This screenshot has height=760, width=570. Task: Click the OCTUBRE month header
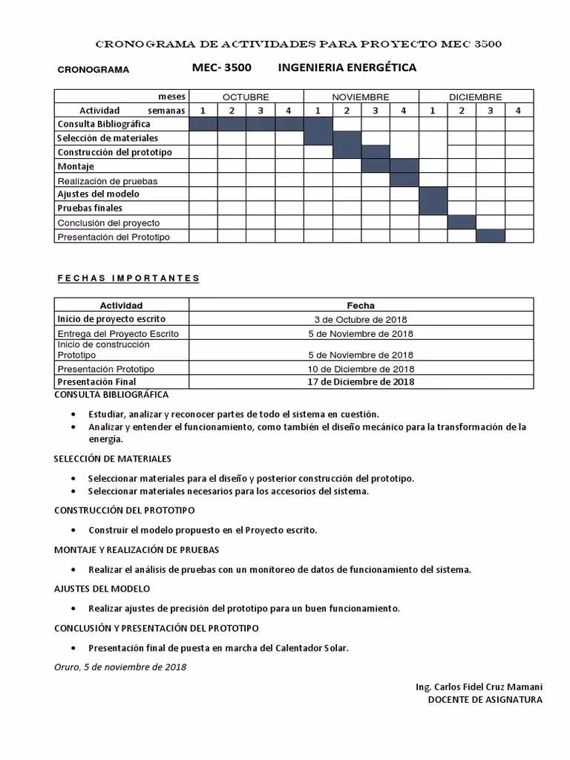(246, 97)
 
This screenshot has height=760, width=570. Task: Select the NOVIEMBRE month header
(361, 97)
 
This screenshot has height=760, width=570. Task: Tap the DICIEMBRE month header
(476, 97)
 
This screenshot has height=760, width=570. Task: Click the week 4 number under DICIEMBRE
(519, 111)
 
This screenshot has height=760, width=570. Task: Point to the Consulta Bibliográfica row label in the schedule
(104, 124)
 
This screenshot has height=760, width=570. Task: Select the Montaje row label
(76, 166)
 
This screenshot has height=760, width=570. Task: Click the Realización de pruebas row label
(108, 180)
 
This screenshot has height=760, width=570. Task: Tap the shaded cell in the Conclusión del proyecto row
(462, 222)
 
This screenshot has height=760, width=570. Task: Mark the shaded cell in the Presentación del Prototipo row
(491, 236)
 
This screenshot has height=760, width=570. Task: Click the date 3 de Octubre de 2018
(361, 319)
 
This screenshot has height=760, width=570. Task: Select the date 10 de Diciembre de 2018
(361, 369)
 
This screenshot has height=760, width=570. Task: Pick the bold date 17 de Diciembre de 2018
(361, 382)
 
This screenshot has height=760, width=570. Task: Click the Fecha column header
(361, 305)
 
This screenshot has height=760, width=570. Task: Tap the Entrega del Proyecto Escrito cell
(118, 333)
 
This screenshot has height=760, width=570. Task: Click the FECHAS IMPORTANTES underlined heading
(128, 278)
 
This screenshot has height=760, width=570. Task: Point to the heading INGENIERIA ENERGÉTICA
(347, 68)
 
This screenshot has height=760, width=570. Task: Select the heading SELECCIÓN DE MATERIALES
(113, 459)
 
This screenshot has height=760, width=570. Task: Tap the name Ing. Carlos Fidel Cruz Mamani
(479, 687)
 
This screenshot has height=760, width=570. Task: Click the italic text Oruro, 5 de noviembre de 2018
(120, 666)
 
